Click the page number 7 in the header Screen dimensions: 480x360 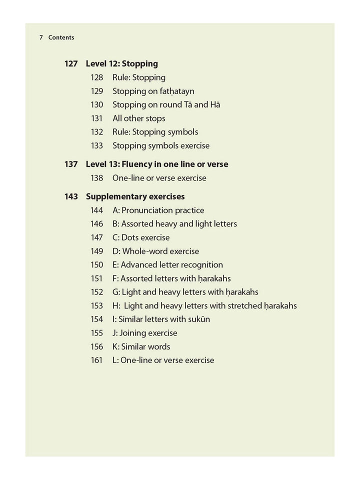tap(41, 37)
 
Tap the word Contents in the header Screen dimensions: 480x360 tap(61, 37)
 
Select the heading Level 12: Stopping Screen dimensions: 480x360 tap(121, 64)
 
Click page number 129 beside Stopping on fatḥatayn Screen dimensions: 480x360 tap(96, 91)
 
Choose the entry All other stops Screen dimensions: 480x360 tap(138, 118)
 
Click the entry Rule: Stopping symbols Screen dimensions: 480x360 tap(155, 132)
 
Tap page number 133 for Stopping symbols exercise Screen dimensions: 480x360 tap(96, 146)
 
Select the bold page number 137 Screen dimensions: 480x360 tap(71, 164)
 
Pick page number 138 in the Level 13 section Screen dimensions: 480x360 tap(96, 178)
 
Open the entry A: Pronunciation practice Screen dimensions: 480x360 tap(158, 210)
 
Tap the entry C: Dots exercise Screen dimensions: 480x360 tap(141, 237)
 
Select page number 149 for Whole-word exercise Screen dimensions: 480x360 tap(96, 251)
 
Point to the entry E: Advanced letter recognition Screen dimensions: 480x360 tap(167, 265)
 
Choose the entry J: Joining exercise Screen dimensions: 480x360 tap(144, 333)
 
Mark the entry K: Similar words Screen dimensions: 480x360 tap(141, 346)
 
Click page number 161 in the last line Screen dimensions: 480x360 tap(96, 360)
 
